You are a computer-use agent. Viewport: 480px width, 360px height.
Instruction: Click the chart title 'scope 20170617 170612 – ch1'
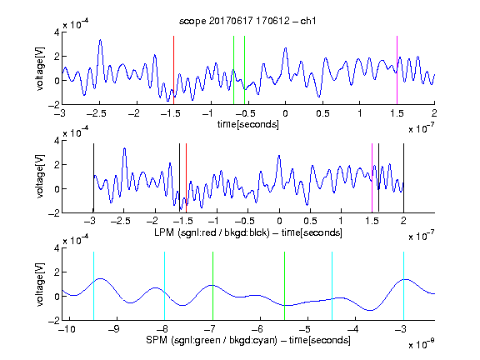click(x=247, y=21)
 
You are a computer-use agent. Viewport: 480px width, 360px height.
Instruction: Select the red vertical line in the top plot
click(x=173, y=70)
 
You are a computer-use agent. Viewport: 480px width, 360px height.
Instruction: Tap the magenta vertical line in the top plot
click(x=397, y=70)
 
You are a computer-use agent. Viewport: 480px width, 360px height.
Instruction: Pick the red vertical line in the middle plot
click(x=186, y=177)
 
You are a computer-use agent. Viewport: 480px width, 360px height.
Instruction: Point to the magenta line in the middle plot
click(x=372, y=177)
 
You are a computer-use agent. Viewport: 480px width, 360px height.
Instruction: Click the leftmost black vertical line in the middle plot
click(x=93, y=177)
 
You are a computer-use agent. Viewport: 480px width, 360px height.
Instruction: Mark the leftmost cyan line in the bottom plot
click(x=93, y=286)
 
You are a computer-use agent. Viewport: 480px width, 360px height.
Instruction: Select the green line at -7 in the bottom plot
click(x=212, y=286)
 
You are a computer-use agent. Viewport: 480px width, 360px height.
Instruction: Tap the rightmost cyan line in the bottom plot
click(x=404, y=286)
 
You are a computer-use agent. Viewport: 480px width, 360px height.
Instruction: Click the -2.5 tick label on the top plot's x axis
click(x=97, y=113)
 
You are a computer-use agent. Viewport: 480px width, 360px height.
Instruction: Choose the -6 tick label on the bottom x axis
click(x=257, y=329)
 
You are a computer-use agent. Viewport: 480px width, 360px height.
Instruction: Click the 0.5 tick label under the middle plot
click(x=310, y=221)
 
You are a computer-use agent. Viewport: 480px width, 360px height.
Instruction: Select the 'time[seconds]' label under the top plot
click(x=248, y=125)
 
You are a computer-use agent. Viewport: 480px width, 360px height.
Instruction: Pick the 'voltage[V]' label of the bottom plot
click(x=40, y=284)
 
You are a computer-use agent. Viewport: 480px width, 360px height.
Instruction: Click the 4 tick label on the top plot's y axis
click(x=57, y=32)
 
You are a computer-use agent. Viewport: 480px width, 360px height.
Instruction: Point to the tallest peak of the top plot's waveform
click(x=100, y=40)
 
